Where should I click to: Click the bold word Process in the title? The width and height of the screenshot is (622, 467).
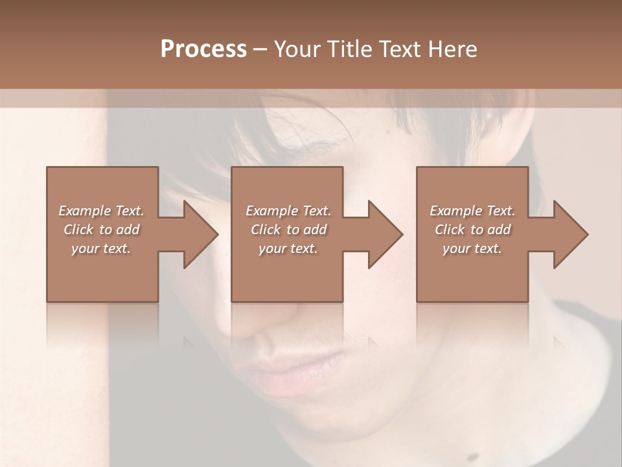tap(203, 49)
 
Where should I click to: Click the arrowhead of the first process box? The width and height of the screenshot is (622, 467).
tap(201, 234)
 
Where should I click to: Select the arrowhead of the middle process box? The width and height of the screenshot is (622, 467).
tap(386, 234)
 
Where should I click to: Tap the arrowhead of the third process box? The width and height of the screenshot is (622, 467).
tap(570, 234)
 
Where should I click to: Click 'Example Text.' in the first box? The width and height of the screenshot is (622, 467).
tap(102, 211)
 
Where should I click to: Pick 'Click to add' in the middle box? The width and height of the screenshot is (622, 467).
tap(288, 230)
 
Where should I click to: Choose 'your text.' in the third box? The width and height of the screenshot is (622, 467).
tap(472, 248)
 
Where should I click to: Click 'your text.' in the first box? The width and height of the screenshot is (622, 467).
tap(102, 248)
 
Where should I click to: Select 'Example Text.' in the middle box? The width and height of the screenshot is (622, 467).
tap(288, 211)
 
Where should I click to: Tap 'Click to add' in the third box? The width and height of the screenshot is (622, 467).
tap(472, 230)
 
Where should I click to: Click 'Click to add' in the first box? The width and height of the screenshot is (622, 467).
tap(102, 230)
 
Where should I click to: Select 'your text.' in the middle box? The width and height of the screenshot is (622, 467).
tap(288, 248)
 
